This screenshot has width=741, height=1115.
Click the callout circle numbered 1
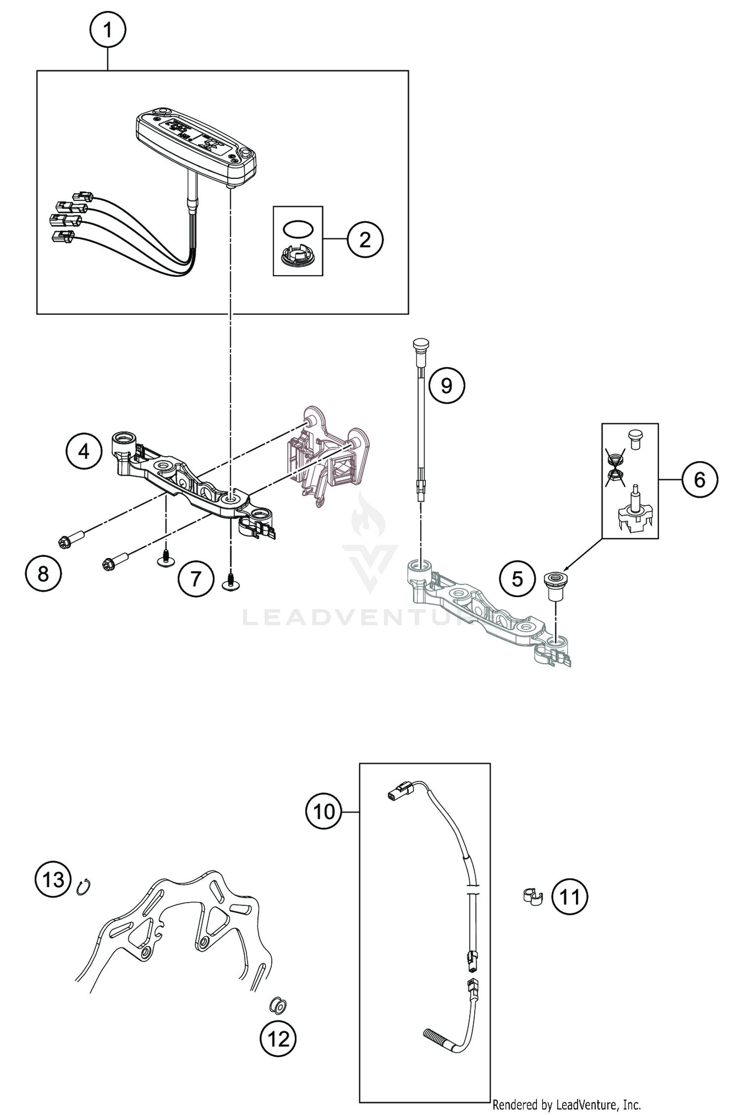(108, 30)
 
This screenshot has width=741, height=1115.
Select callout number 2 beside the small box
(365, 240)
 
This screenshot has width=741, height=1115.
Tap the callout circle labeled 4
(84, 451)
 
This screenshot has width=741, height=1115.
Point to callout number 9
(447, 385)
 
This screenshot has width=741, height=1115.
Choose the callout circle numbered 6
(700, 479)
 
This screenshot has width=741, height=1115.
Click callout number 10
(324, 811)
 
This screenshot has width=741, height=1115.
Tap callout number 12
(278, 1039)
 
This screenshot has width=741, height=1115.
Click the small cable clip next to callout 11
(532, 896)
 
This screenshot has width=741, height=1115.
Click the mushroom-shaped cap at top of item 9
(420, 343)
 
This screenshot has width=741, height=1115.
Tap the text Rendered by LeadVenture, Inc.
(566, 1104)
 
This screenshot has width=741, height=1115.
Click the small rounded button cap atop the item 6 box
(634, 438)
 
